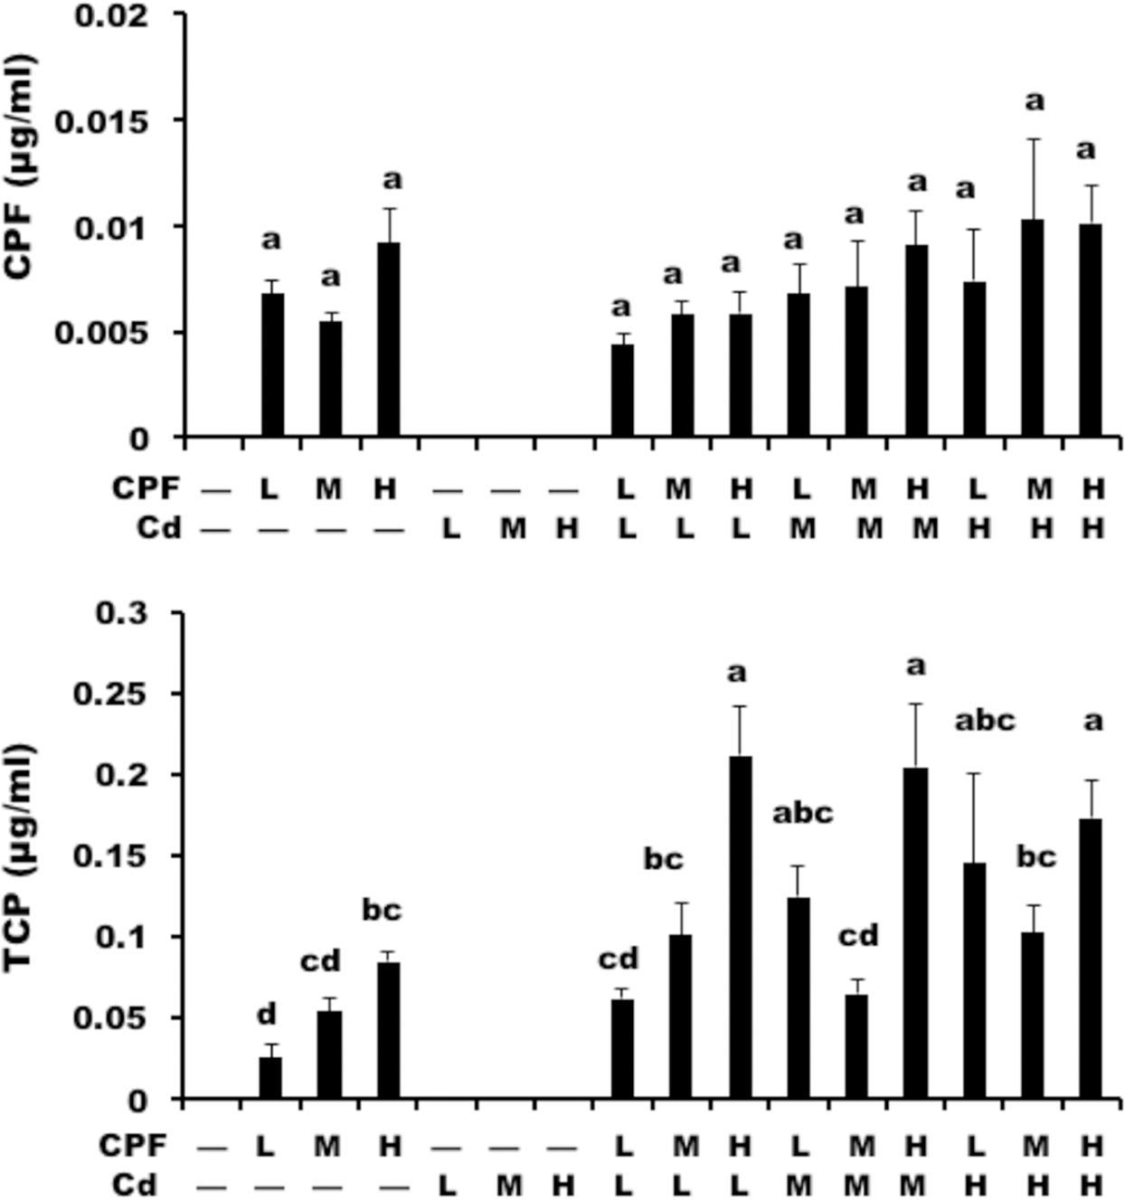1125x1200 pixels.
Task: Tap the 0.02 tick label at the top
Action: pyautogui.click(x=112, y=15)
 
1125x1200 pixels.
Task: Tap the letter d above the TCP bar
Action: pyautogui.click(x=267, y=1015)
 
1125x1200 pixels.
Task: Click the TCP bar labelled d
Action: pyautogui.click(x=270, y=1078)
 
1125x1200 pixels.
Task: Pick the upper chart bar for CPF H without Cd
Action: pyautogui.click(x=389, y=340)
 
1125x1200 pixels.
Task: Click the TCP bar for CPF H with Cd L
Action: pyautogui.click(x=740, y=927)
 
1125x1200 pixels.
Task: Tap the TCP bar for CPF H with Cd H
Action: pyautogui.click(x=1091, y=959)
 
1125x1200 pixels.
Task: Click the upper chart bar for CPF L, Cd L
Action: pyautogui.click(x=622, y=391)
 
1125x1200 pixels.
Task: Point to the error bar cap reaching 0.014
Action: pyautogui.click(x=1033, y=139)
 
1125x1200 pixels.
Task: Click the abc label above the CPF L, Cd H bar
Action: pyautogui.click(x=985, y=721)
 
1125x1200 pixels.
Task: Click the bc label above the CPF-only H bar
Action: pyautogui.click(x=382, y=910)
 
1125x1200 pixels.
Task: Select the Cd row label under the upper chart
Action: pyautogui.click(x=159, y=527)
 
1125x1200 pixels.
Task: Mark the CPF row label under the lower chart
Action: pyautogui.click(x=133, y=1145)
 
